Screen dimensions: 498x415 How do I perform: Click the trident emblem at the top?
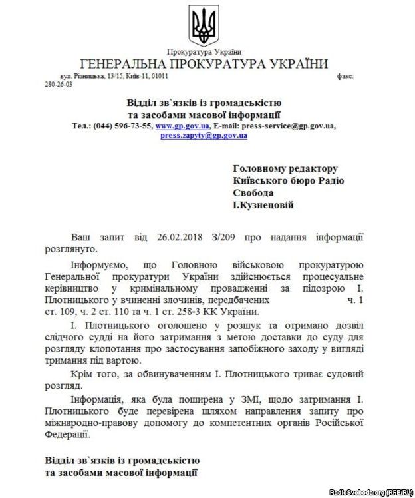tap(204, 25)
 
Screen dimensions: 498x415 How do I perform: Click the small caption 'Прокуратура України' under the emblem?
tap(204, 52)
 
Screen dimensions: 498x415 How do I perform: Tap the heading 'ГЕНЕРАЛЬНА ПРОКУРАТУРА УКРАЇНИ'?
tap(204, 65)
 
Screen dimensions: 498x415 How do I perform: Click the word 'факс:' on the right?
tap(345, 77)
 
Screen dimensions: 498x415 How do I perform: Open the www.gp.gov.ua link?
tap(183, 126)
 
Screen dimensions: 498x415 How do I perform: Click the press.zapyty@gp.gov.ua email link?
tap(204, 135)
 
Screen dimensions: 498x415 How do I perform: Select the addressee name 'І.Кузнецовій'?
tap(263, 206)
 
